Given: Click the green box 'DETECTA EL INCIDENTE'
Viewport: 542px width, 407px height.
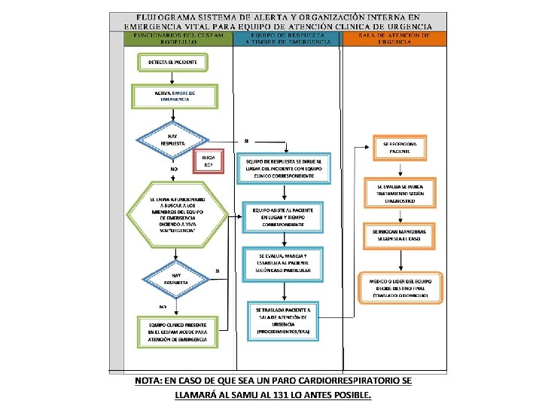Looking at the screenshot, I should [x=173, y=61].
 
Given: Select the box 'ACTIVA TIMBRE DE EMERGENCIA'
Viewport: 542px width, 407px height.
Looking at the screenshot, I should [x=174, y=96].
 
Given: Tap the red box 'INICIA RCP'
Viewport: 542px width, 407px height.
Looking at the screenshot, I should [x=209, y=161].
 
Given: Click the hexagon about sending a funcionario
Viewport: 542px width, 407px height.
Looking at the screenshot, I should [x=177, y=215].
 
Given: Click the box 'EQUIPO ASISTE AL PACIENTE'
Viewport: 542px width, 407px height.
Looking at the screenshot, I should [x=283, y=218].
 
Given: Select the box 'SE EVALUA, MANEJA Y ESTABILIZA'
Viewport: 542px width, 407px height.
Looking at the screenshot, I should [x=283, y=263].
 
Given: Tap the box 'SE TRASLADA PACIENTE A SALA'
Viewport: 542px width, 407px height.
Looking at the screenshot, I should [x=283, y=320].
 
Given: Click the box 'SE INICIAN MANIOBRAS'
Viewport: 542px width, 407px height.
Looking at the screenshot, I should [x=400, y=234].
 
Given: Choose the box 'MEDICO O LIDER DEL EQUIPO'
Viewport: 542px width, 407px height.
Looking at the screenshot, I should [x=400, y=287].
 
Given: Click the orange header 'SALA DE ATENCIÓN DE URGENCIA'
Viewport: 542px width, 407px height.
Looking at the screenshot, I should [x=394, y=38].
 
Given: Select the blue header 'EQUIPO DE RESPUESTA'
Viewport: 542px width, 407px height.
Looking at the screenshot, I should [x=288, y=38].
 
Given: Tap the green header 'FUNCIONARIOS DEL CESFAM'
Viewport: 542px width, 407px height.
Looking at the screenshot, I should [x=178, y=38].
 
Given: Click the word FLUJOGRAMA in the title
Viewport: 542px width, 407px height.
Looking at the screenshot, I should [x=163, y=16].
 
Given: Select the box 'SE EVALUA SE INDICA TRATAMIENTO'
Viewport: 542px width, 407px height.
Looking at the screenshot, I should [x=400, y=192].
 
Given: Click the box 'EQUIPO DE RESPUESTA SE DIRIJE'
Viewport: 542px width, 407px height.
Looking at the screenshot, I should [x=283, y=170].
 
